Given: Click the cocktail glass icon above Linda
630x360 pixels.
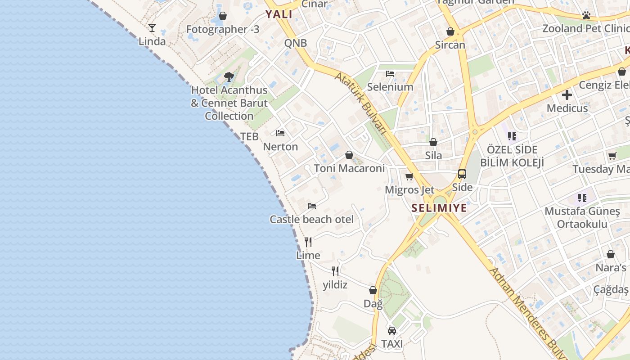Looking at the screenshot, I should [x=152, y=28].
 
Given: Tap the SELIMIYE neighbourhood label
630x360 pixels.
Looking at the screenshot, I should [x=439, y=209].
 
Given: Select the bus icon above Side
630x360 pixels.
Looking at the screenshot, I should [x=462, y=174].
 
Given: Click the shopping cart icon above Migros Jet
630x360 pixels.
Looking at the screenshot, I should [x=409, y=177].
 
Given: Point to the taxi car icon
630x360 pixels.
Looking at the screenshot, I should [x=392, y=331].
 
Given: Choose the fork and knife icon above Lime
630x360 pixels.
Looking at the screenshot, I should [x=308, y=242].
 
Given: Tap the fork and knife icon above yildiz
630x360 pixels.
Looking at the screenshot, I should [x=335, y=271].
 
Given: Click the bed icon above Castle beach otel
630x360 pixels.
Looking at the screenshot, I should [x=312, y=206].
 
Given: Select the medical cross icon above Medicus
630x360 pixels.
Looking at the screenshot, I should [x=567, y=95].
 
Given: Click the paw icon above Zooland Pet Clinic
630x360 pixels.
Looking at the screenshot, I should [x=586, y=15].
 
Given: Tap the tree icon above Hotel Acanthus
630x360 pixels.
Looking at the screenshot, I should [x=229, y=76].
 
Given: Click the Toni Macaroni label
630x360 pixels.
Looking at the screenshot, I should [x=349, y=168].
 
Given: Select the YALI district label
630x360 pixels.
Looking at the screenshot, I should [x=279, y=14].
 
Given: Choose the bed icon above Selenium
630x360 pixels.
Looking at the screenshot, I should [x=390, y=73].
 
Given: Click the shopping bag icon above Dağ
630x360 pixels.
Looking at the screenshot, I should [x=373, y=291].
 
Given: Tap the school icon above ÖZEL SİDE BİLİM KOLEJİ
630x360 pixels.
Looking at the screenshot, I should [x=512, y=135].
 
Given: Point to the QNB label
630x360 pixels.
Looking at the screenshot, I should [x=295, y=43].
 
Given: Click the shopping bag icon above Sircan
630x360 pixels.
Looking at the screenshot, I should [x=450, y=31].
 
